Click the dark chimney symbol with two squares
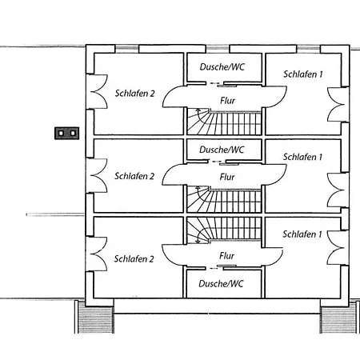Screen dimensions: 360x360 [x=67, y=133]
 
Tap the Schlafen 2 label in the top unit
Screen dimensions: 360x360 [x=134, y=94]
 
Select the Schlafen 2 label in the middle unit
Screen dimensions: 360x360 [x=134, y=176]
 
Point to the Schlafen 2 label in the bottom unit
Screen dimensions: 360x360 [x=134, y=258]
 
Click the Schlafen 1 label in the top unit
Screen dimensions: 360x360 [x=302, y=74]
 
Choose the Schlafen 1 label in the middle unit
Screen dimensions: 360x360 [x=302, y=157]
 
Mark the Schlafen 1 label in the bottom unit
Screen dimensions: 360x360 [x=302, y=234]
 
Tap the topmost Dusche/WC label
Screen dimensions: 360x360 [x=222, y=66]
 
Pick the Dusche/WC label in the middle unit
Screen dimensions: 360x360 [x=222, y=150]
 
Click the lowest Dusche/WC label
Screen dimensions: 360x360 [x=221, y=283]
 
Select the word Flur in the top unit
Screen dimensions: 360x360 [x=228, y=101]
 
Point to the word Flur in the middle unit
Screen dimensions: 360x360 [x=227, y=177]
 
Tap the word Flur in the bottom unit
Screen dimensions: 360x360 [x=226, y=256]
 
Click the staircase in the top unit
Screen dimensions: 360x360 [x=224, y=122]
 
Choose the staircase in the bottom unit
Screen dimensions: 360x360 [x=224, y=230]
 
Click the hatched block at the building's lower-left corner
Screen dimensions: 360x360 [x=95, y=319]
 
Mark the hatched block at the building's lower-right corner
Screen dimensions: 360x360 [x=338, y=319]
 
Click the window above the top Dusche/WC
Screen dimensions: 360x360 [x=218, y=49]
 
